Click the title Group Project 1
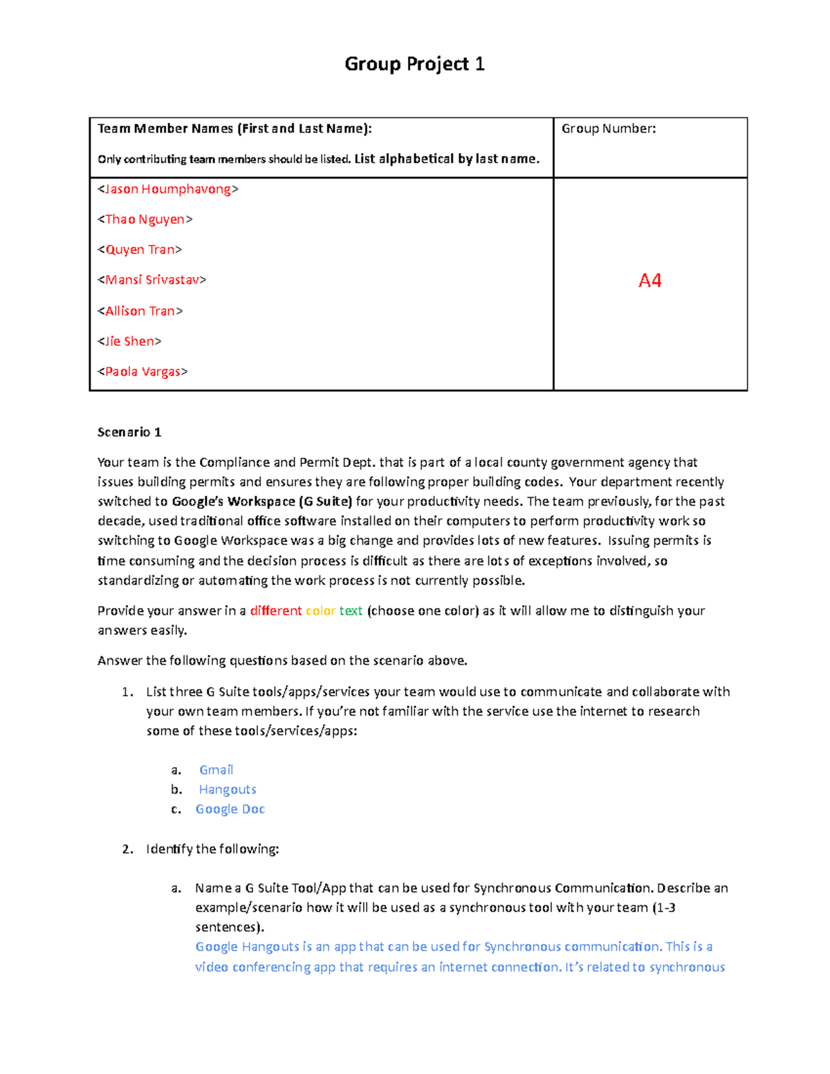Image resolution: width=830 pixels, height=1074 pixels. (414, 64)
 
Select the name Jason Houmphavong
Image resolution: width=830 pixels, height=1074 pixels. (168, 189)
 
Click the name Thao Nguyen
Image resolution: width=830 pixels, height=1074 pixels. (145, 219)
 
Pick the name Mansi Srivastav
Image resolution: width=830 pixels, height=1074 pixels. (152, 280)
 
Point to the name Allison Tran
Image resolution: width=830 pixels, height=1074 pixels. (140, 311)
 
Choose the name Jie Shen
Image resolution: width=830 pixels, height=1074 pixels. (129, 341)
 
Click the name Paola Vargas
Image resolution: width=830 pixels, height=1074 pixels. (142, 371)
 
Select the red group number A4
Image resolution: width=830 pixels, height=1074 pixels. (649, 280)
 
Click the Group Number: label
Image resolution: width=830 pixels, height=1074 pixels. (609, 129)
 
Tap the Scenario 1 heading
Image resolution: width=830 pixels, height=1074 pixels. (129, 432)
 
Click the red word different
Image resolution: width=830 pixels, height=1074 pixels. (275, 611)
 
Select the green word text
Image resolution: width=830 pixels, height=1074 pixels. (351, 611)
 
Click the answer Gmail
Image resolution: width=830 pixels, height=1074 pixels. (216, 770)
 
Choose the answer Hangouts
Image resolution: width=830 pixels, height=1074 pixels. (228, 790)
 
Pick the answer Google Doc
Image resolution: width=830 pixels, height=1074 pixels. (230, 809)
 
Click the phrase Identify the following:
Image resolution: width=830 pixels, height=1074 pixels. (212, 849)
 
